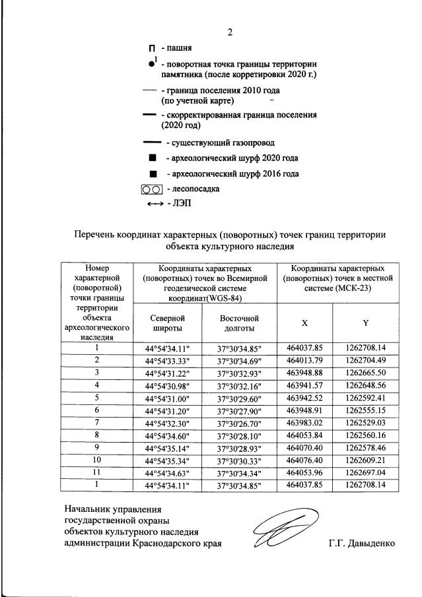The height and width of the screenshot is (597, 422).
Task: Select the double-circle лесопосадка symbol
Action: pyautogui.click(x=151, y=189)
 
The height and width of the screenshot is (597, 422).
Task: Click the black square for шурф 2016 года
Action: pyautogui.click(x=153, y=174)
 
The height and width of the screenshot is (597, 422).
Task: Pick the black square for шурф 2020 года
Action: pyautogui.click(x=153, y=158)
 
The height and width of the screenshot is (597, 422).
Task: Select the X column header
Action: pyautogui.click(x=304, y=323)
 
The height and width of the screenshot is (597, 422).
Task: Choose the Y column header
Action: pyautogui.click(x=365, y=323)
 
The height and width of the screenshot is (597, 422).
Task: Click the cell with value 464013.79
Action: pyautogui.click(x=304, y=360)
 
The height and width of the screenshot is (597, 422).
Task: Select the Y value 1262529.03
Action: pyautogui.click(x=365, y=422)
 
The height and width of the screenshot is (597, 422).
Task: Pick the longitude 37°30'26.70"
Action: pyautogui.click(x=238, y=423)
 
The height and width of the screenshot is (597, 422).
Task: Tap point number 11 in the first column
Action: pyautogui.click(x=96, y=472)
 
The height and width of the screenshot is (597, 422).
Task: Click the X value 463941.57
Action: pyautogui.click(x=304, y=385)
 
